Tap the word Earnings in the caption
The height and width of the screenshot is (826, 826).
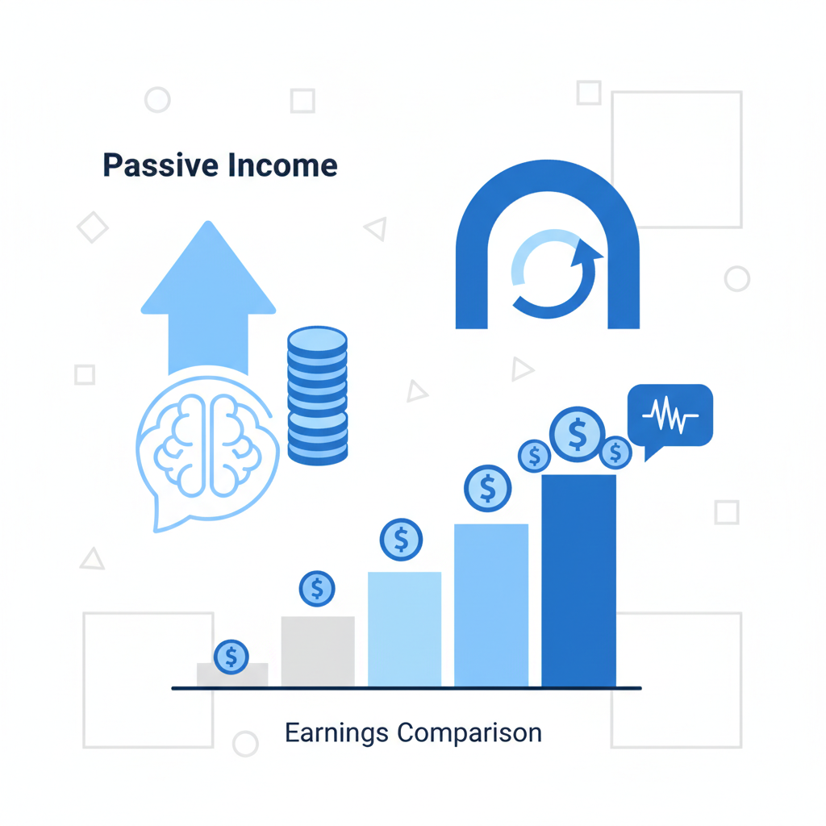click(x=337, y=732)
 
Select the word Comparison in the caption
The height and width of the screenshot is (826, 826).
click(x=469, y=732)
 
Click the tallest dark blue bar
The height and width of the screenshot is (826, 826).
click(x=578, y=581)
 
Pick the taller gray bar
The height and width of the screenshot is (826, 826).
click(x=318, y=652)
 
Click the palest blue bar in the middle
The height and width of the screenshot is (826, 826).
click(x=404, y=629)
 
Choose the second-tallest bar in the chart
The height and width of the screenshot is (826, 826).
click(x=491, y=605)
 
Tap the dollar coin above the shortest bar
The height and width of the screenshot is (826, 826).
click(x=232, y=657)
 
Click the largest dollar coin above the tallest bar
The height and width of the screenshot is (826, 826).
click(x=578, y=434)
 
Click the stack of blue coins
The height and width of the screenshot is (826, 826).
click(x=317, y=395)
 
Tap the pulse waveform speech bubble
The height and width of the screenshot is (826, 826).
click(x=670, y=416)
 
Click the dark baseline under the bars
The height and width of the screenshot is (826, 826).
click(x=407, y=688)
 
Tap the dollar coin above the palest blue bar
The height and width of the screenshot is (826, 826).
click(x=401, y=540)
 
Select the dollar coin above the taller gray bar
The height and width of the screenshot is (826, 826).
click(x=317, y=589)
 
